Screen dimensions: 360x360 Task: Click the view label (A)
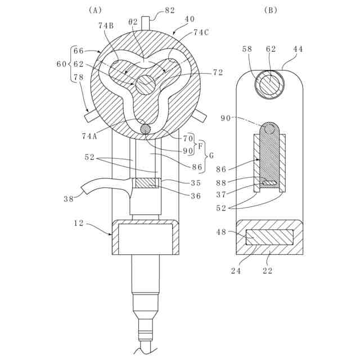coord(94,10)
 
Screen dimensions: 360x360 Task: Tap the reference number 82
coord(169,10)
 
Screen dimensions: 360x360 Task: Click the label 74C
coord(201,33)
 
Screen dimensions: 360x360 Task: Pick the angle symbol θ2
coord(133,21)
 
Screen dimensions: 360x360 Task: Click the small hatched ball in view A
coord(146,129)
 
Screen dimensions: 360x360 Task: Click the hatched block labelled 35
coord(146,183)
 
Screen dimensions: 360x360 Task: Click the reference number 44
coord(298,49)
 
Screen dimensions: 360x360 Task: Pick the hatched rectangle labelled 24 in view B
coord(269,237)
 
